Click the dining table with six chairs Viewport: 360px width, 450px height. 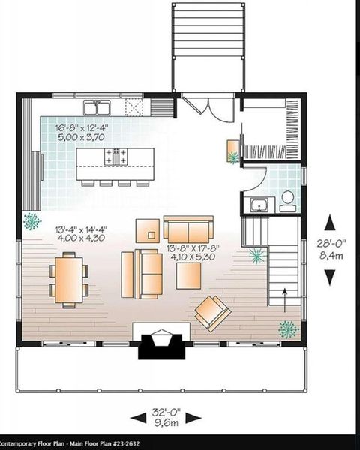point(68,279)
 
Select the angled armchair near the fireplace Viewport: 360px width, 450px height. point(213,311)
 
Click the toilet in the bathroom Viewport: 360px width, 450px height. point(287,199)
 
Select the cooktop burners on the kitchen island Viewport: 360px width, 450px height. point(117,157)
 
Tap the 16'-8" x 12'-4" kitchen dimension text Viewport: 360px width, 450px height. point(82,128)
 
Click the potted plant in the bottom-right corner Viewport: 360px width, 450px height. point(287,328)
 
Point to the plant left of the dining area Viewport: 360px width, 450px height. point(32,221)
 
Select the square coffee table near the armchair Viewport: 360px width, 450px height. point(187,275)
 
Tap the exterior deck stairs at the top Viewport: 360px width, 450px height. point(208,30)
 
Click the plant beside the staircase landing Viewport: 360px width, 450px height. point(257,256)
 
